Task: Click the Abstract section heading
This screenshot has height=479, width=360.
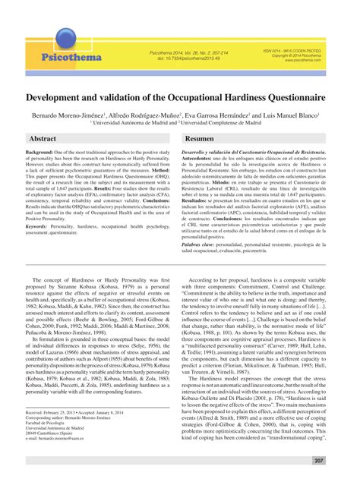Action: [43, 140]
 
